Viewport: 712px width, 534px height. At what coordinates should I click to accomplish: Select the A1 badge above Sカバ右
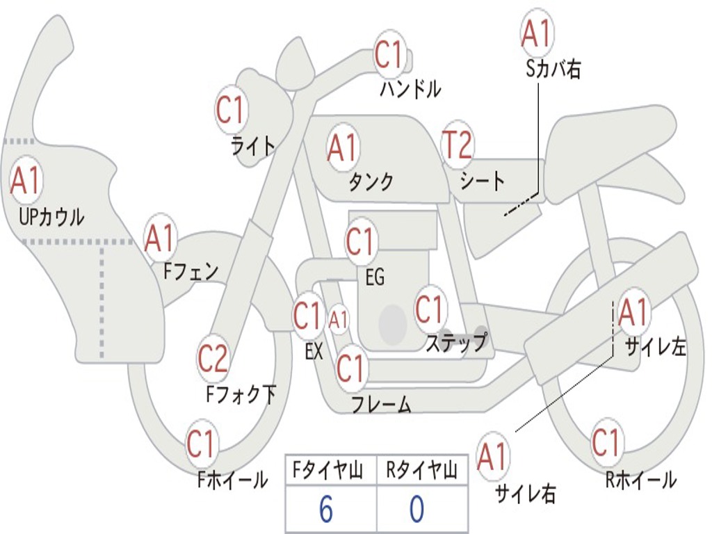[x=537, y=33]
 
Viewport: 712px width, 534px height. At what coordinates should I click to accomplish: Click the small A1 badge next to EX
[x=338, y=321]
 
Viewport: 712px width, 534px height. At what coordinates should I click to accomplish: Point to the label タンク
[x=371, y=181]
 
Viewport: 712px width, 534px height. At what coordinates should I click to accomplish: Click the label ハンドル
[x=410, y=89]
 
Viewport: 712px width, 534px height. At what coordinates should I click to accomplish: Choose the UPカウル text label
[x=51, y=217]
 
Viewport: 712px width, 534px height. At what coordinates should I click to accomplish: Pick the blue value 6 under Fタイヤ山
[x=325, y=510]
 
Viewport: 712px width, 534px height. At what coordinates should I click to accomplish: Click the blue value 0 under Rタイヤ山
[x=416, y=510]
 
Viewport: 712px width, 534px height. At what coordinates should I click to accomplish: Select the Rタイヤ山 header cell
[x=421, y=471]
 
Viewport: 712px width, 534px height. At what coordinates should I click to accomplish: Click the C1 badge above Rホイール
[x=606, y=443]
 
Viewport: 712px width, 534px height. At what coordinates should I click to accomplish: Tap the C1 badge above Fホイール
[x=202, y=444]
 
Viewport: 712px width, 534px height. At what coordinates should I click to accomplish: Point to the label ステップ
[x=455, y=343]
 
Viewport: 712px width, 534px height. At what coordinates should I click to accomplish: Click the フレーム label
[x=381, y=405]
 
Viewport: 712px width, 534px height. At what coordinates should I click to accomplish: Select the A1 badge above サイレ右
[x=492, y=458]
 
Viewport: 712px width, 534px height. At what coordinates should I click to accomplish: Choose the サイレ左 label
[x=655, y=346]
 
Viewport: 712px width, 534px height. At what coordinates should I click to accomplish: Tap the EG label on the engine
[x=374, y=278]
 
